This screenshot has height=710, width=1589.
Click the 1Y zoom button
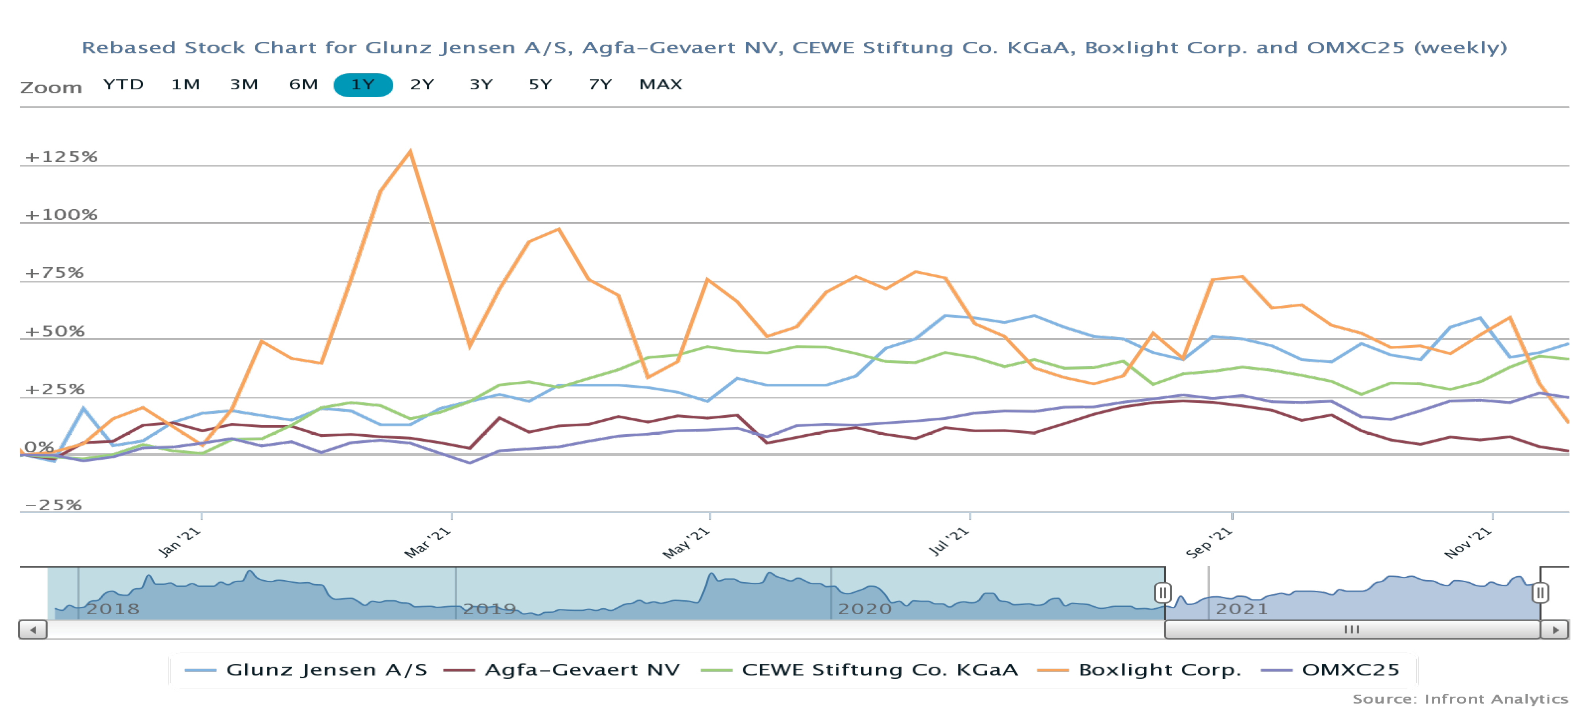tap(363, 85)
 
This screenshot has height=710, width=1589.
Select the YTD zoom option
tap(123, 85)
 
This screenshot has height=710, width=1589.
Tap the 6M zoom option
tap(303, 85)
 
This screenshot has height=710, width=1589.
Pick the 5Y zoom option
tap(540, 85)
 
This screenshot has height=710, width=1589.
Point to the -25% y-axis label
tap(53, 505)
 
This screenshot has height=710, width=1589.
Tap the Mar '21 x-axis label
tap(427, 543)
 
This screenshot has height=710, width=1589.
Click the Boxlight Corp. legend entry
tap(1159, 670)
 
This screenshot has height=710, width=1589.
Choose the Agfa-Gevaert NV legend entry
tap(582, 670)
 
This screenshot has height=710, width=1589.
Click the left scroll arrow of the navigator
tap(33, 630)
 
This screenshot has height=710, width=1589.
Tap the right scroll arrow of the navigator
tap(1555, 630)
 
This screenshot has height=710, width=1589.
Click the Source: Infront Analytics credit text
tap(1460, 699)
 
